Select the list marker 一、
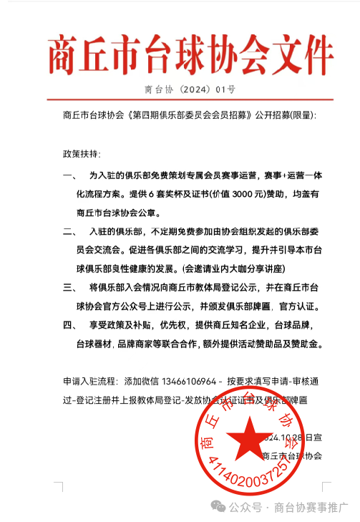(x=69, y=175)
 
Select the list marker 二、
(x=69, y=231)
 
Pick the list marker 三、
(x=69, y=287)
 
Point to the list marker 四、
(x=69, y=324)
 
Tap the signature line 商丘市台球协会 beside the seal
(x=293, y=455)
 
